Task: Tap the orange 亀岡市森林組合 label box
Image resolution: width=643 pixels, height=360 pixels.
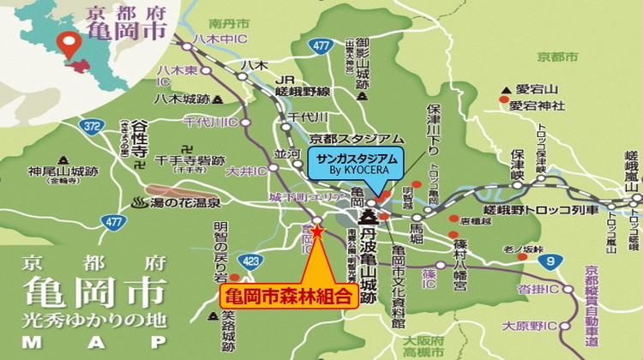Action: [287, 297]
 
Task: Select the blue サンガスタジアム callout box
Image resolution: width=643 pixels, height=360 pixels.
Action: [353, 162]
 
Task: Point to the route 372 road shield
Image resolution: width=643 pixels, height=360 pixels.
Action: [93, 127]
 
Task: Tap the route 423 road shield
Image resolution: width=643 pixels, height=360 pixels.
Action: [251, 261]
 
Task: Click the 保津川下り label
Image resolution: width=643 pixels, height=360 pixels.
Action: [435, 130]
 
